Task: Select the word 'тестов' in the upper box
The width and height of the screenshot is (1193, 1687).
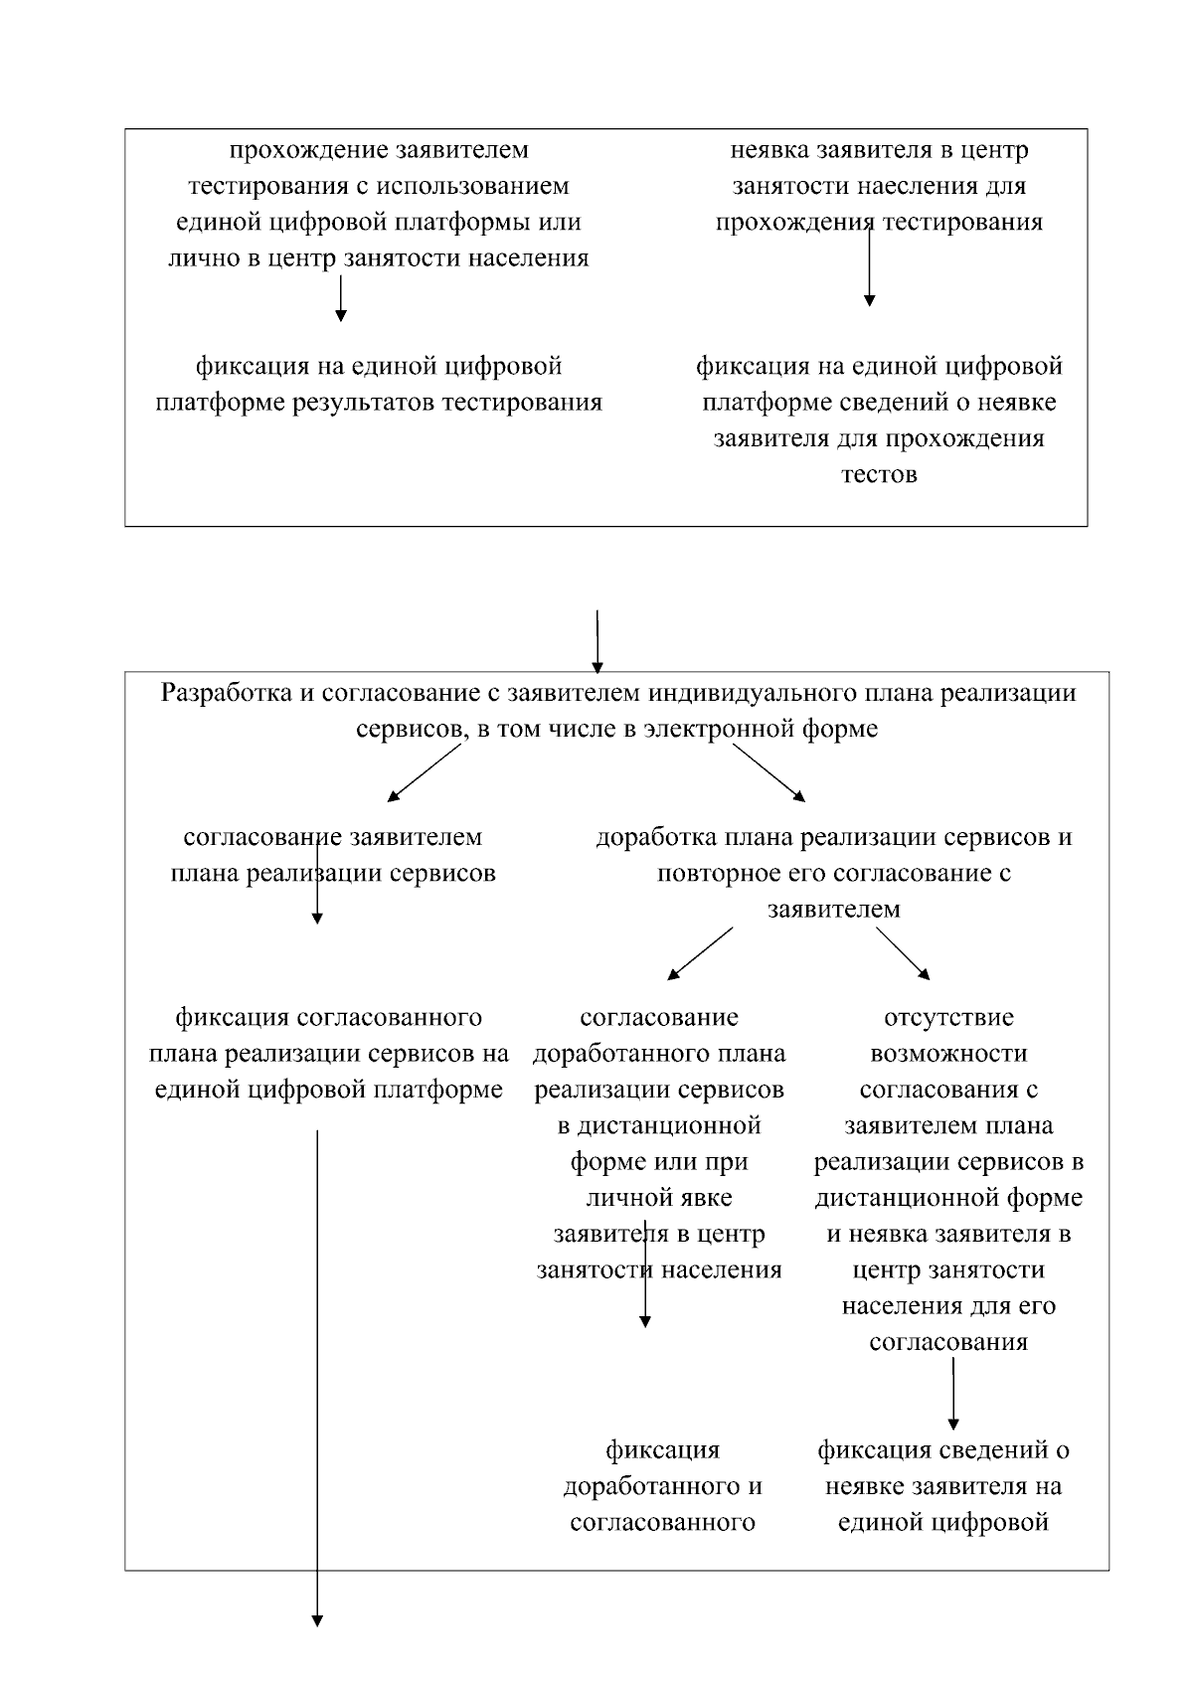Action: (x=879, y=474)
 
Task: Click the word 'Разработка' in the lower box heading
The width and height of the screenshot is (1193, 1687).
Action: (x=226, y=693)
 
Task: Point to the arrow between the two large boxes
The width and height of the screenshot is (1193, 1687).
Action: (x=596, y=641)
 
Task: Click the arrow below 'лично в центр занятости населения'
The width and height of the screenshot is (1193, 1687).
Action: (x=341, y=298)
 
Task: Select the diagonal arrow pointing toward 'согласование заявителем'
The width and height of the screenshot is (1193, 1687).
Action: (x=426, y=772)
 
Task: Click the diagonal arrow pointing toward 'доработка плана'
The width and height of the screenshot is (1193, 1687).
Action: (x=768, y=772)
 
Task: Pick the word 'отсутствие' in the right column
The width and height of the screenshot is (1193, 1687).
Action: (x=948, y=1018)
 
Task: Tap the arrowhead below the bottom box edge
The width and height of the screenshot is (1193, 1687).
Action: (x=317, y=1620)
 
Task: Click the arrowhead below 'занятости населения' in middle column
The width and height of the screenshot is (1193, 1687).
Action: (x=645, y=1321)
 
